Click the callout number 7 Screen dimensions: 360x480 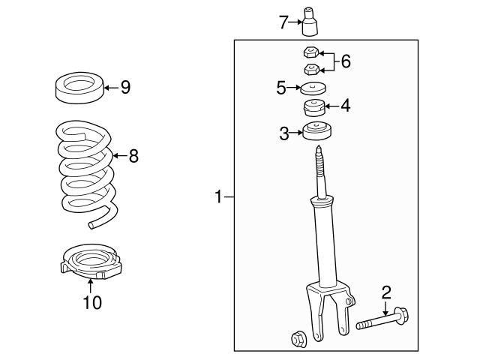click(283, 22)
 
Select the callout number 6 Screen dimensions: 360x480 click(346, 61)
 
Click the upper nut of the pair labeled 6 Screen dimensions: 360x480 click(307, 52)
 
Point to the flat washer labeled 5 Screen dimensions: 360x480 click(313, 88)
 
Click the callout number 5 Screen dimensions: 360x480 click(281, 88)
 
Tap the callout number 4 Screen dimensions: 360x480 click(346, 106)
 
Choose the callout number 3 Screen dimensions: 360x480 click(283, 134)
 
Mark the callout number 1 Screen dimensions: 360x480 click(219, 197)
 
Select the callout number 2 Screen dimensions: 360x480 click(386, 292)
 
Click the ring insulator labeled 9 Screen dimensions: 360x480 click(79, 87)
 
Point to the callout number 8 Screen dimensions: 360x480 click(133, 156)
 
